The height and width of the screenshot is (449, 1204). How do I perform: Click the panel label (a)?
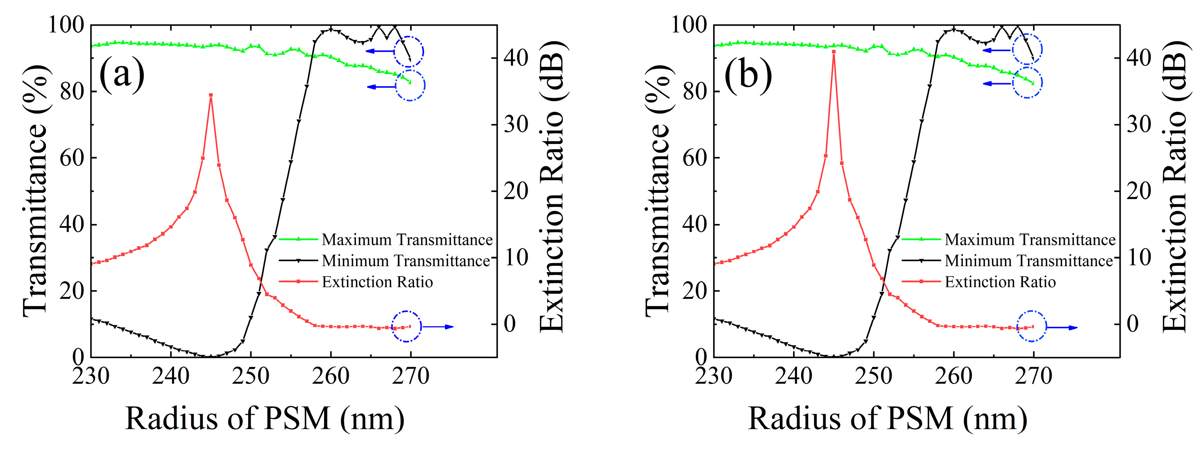point(122,74)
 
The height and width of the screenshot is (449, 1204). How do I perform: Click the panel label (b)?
point(748,74)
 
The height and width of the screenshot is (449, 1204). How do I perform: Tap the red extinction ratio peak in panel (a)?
point(211,95)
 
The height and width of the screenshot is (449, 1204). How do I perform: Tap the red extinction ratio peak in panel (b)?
point(834,52)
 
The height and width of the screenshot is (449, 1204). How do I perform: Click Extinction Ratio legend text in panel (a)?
point(377,282)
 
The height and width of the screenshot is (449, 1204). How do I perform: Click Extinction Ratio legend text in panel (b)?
point(1000,282)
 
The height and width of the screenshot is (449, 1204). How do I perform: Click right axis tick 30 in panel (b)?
point(1138,125)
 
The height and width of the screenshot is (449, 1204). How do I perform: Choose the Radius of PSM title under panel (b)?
point(888,418)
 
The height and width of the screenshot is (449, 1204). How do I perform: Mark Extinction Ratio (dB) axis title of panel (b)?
point(1174,187)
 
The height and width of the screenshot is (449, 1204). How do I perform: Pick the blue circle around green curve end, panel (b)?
point(1027,83)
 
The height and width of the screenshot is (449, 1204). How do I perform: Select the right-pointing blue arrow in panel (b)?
point(1062,328)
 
